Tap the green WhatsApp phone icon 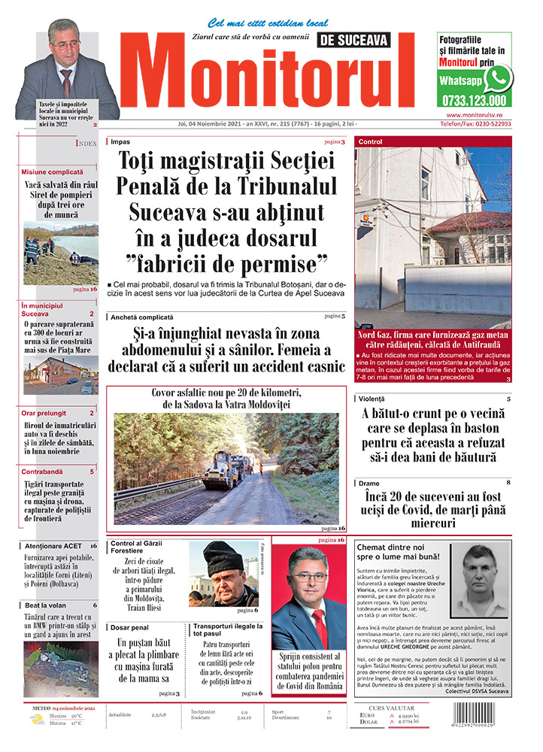pos(497,78)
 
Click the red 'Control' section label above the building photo pos(371,141)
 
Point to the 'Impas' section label pos(120,141)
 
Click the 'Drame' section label pos(369,483)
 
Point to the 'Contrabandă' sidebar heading pos(43,472)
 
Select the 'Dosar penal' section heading pos(130,626)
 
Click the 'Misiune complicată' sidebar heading pos(53,172)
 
